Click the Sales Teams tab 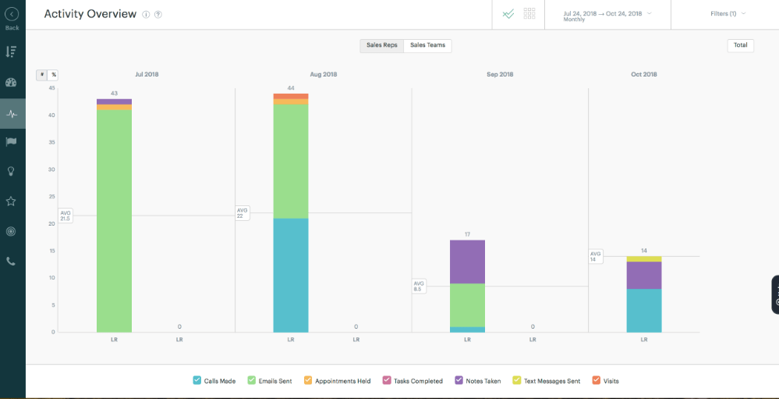pos(427,45)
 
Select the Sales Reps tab pos(382,45)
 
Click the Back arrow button pos(12,14)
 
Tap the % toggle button pos(53,75)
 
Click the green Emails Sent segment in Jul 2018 pos(114,219)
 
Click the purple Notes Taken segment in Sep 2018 pos(467,262)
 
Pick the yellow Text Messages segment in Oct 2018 pos(644,258)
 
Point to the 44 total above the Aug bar pos(290,88)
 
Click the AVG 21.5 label pos(66,216)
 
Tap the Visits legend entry pos(606,381)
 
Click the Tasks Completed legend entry pos(413,381)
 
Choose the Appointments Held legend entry pos(337,381)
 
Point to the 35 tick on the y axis pos(51,143)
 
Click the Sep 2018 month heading pos(500,75)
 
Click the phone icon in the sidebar pos(11,262)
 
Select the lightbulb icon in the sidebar pos(11,171)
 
